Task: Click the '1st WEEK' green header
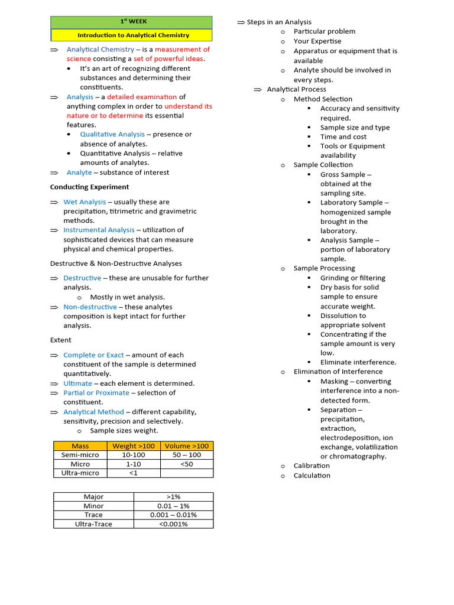point(131,21)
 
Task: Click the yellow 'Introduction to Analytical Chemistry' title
point(133,35)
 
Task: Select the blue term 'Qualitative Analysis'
point(112,135)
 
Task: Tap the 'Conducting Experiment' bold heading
point(89,187)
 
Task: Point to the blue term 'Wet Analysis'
point(85,202)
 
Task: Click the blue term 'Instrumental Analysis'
point(99,230)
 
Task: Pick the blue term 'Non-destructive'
point(90,307)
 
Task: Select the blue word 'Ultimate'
point(77,383)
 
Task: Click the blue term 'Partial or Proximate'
point(96,393)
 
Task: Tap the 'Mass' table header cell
point(80,446)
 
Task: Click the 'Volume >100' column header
point(186,446)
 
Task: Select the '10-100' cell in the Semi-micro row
point(133,455)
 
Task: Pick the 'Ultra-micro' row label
point(80,473)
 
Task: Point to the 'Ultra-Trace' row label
point(93,524)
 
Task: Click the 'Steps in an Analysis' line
point(278,22)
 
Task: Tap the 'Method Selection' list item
point(323,99)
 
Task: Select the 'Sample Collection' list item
point(323,165)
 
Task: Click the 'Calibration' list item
point(312,466)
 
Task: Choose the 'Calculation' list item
point(312,476)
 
